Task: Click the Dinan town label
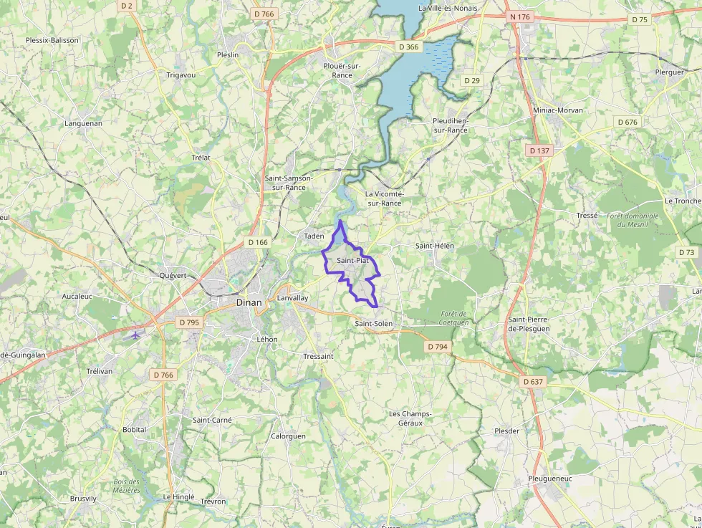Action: click(x=249, y=303)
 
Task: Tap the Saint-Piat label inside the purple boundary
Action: click(x=352, y=261)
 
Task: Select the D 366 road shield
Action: click(x=408, y=47)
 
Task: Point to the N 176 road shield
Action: click(x=520, y=16)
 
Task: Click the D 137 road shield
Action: click(x=538, y=150)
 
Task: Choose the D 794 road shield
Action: click(x=437, y=347)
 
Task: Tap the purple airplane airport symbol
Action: click(x=135, y=335)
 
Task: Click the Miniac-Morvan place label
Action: click(x=558, y=110)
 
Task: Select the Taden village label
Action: click(x=314, y=236)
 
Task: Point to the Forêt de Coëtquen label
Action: click(x=454, y=318)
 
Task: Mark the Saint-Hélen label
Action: click(x=435, y=246)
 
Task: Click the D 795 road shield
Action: click(x=189, y=322)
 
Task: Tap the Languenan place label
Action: click(x=83, y=123)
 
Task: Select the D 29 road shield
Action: click(x=471, y=80)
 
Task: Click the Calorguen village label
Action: click(x=288, y=436)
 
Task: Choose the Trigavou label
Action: click(x=181, y=75)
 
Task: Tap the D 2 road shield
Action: click(x=127, y=6)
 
